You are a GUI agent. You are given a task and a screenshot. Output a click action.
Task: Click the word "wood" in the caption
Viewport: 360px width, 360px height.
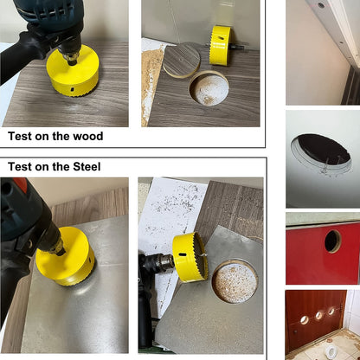tap(87, 137)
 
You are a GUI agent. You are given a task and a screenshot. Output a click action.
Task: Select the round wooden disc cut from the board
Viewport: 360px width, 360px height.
tap(181, 58)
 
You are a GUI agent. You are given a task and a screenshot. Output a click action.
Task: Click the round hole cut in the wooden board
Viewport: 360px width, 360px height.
tap(209, 87)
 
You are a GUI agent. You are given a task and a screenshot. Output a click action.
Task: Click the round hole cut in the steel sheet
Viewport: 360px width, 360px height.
tap(235, 282)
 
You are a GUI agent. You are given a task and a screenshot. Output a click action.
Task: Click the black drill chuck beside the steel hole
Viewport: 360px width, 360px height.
tap(155, 265)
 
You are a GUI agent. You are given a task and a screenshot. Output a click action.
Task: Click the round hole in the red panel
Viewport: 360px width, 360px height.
tap(332, 241)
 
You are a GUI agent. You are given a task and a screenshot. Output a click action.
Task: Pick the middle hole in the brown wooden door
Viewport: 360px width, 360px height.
tap(318, 315)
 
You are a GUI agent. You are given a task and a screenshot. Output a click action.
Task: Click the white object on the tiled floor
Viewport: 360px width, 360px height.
tap(330, 349)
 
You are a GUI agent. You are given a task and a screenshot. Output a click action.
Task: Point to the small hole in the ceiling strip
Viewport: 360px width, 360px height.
tap(322, 5)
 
